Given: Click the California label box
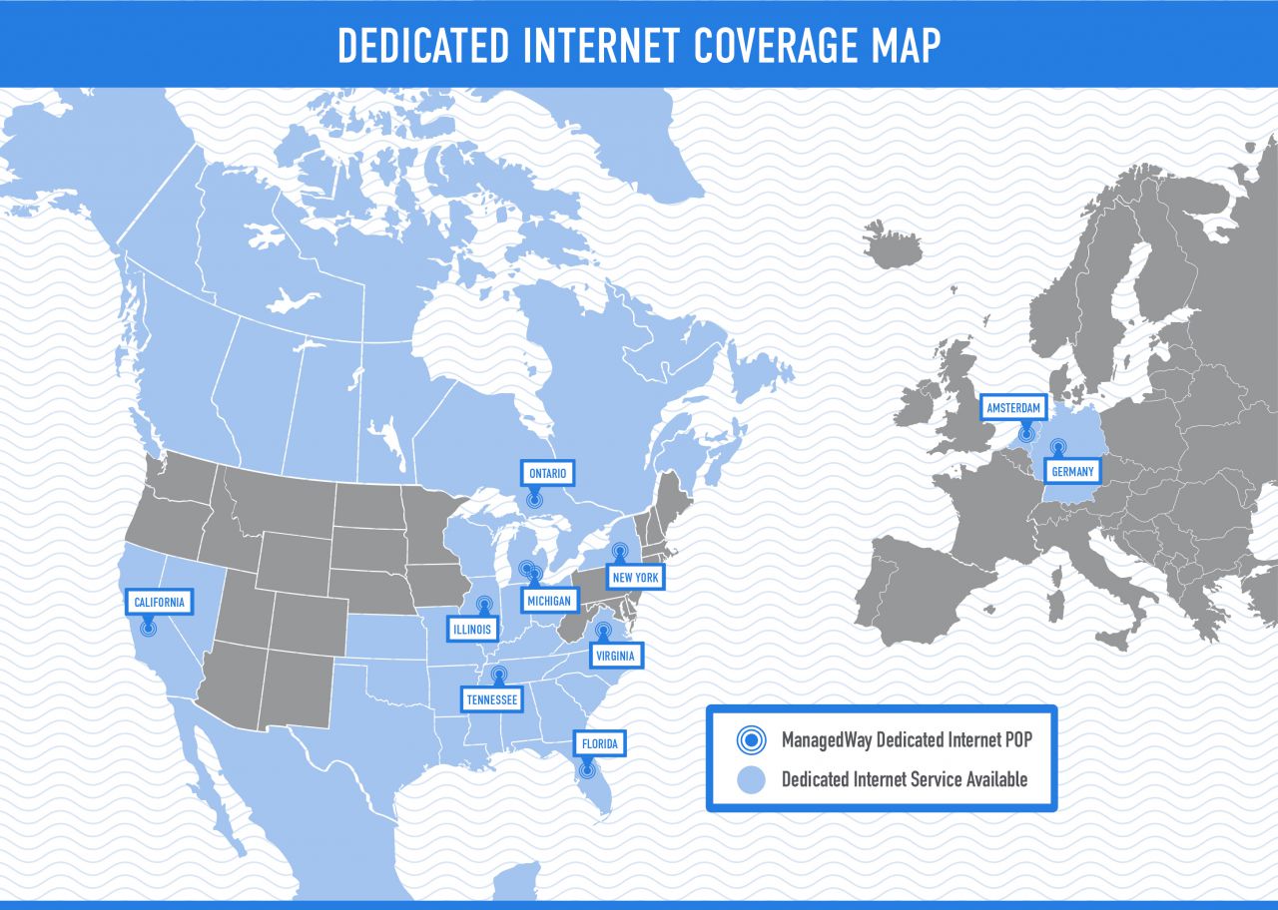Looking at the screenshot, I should [x=159, y=603].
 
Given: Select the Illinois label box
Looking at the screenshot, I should [x=472, y=630].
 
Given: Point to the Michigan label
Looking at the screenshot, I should [x=549, y=601].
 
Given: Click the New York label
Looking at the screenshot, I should [x=635, y=578].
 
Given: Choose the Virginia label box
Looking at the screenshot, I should [x=616, y=656].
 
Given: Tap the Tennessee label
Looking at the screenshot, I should [x=492, y=700].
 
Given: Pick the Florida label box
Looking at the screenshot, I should [x=599, y=744].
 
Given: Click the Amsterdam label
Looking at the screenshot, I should [x=1013, y=408].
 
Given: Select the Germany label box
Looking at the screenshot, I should [x=1072, y=472].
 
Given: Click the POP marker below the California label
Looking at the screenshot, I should [x=148, y=627].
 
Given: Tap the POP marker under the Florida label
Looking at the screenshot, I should [x=586, y=769].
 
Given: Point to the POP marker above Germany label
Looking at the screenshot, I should [x=1058, y=448].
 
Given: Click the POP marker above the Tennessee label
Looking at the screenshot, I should [x=498, y=676].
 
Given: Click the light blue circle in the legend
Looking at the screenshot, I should [x=751, y=779].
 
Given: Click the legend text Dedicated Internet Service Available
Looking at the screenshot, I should [x=904, y=779].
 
